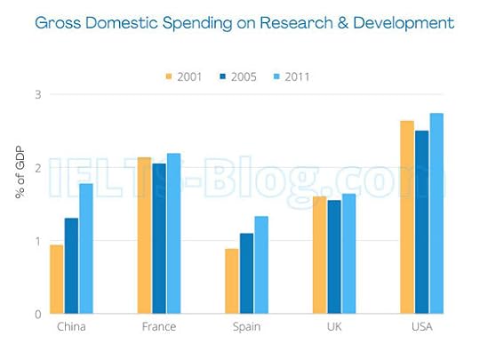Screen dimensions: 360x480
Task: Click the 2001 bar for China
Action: point(56,279)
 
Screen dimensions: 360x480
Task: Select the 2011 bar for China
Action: point(85,249)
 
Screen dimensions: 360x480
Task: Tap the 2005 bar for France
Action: point(158,238)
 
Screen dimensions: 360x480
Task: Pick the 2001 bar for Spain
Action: point(231,281)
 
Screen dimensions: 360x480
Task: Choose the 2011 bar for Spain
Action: point(260,265)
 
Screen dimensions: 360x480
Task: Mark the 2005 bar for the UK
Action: point(333,257)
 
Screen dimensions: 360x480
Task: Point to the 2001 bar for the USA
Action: point(406,217)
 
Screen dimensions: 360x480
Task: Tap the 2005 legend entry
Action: point(237,76)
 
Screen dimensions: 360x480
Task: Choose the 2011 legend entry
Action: point(291,76)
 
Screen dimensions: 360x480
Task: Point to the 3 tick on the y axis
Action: point(37,94)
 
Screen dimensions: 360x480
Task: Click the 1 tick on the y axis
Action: point(37,241)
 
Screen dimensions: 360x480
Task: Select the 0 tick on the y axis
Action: point(37,314)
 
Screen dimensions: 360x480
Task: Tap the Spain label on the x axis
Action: point(246,327)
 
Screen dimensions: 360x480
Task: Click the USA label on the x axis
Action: point(421,327)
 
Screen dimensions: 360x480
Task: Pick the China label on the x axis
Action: point(70,327)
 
